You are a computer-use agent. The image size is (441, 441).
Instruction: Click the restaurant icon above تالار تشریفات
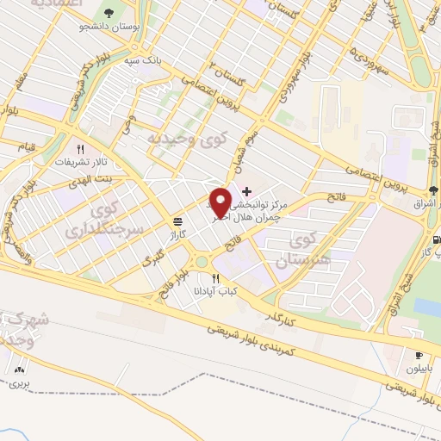click(79, 147)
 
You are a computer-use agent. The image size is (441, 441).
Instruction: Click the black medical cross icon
click(247, 190)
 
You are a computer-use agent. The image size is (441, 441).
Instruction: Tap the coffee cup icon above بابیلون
click(419, 354)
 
